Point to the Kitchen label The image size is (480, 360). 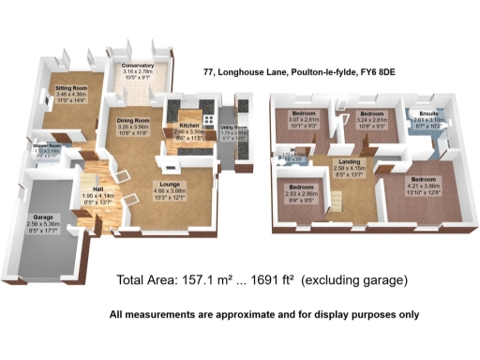(x=188, y=124)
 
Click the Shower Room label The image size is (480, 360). (x=48, y=146)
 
